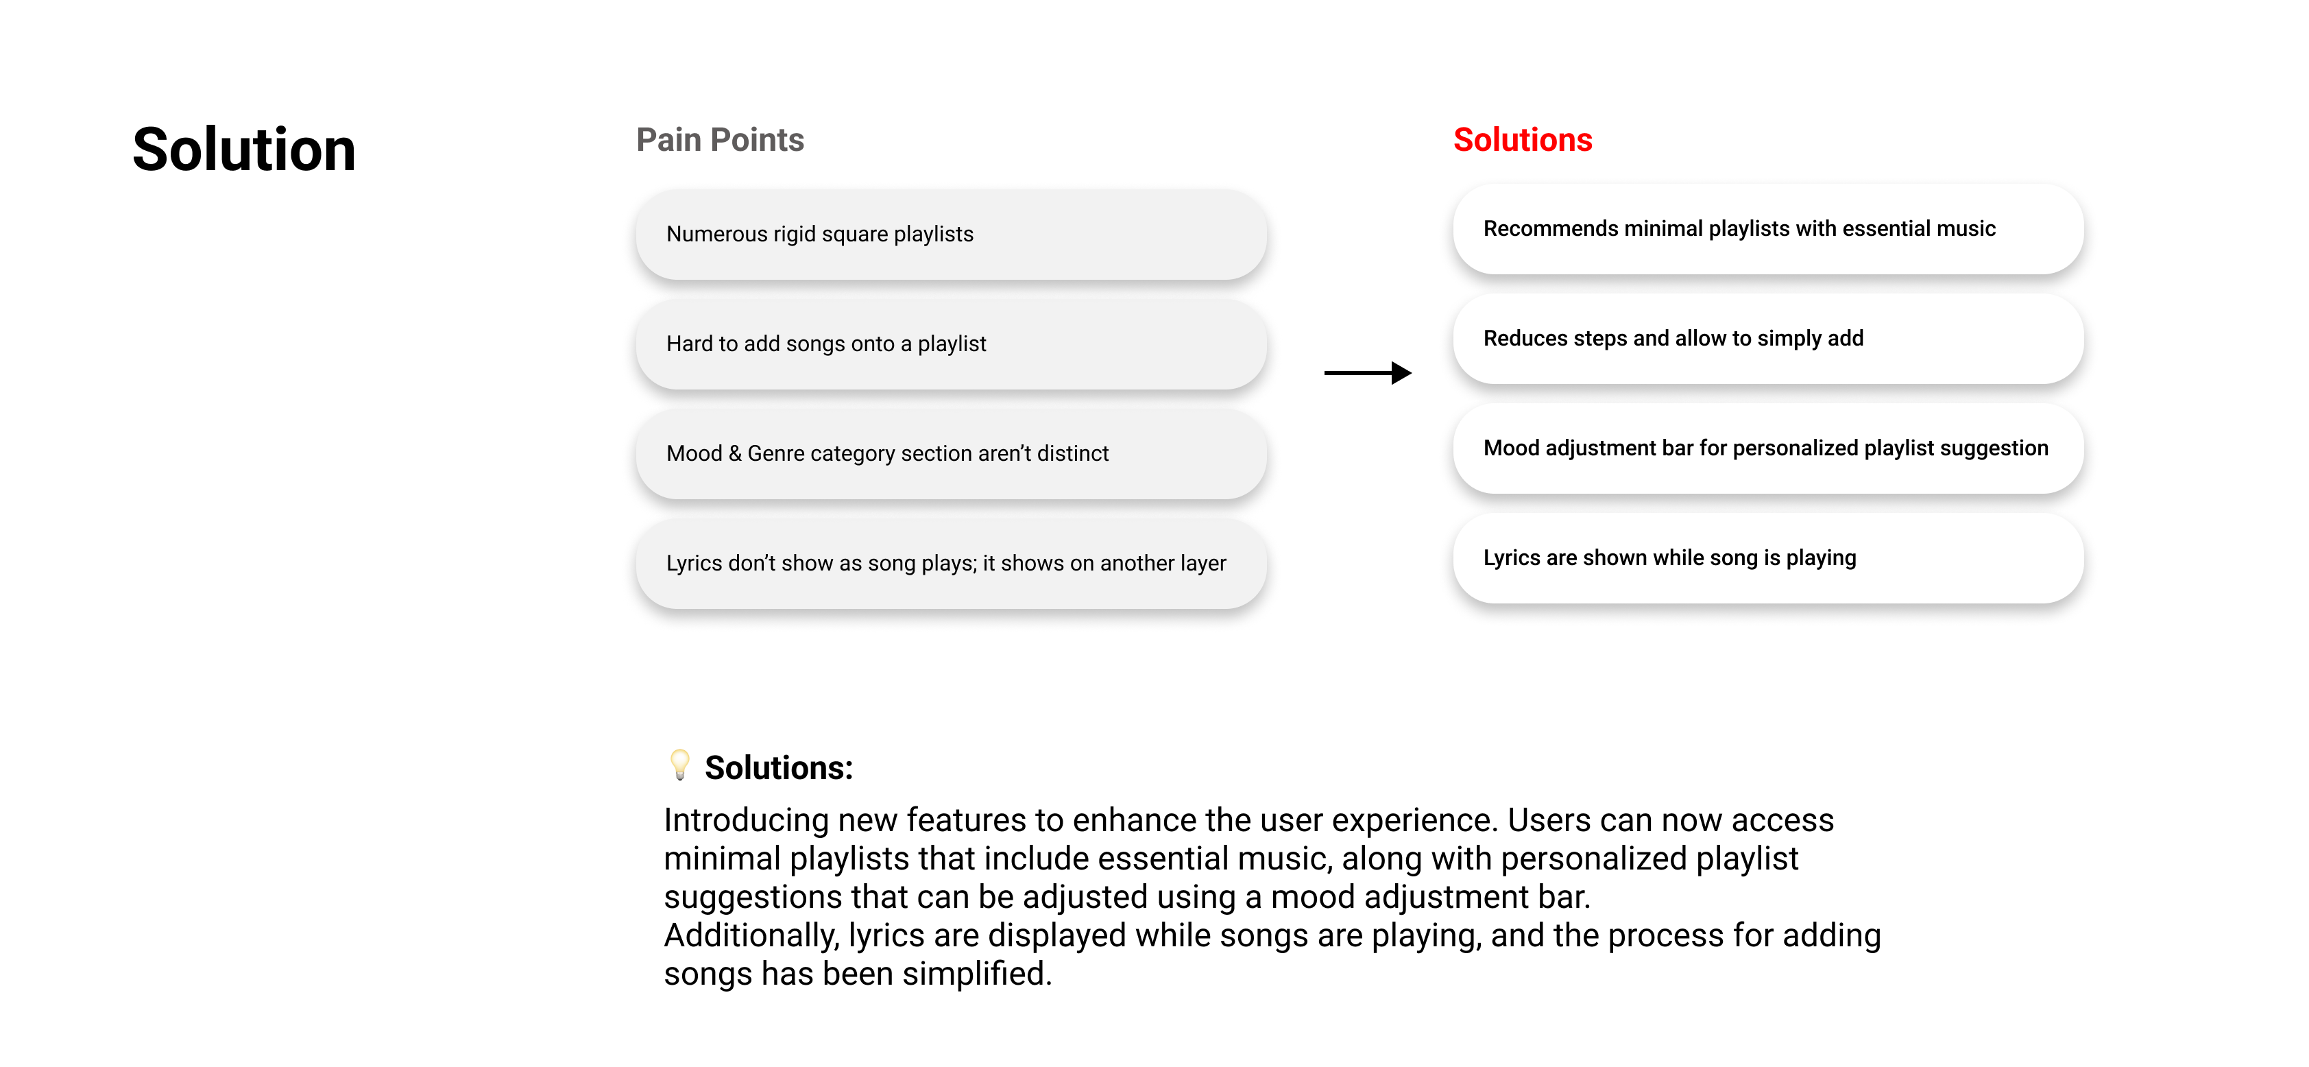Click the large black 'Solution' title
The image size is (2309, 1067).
coord(244,149)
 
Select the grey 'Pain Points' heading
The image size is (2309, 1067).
coord(720,140)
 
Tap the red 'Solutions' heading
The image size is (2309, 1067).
coord(1522,140)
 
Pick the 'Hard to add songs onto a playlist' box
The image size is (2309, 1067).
coord(950,344)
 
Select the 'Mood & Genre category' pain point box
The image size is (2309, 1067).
coord(950,454)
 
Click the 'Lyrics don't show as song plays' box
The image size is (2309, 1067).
coord(950,564)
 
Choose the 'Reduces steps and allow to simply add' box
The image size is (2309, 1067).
coord(1767,339)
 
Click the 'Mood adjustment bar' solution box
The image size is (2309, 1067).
coord(1767,448)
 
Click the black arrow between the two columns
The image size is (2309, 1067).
coord(1367,373)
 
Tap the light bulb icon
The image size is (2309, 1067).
coord(680,765)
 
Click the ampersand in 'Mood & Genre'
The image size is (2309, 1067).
coord(734,454)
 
